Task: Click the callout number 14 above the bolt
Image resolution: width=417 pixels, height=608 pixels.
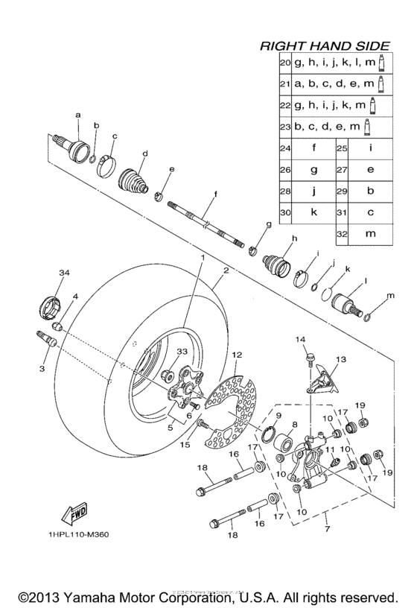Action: click(x=301, y=340)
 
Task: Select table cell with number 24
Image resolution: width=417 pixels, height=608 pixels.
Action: click(x=284, y=148)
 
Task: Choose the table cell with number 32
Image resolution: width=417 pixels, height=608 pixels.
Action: click(x=343, y=233)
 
